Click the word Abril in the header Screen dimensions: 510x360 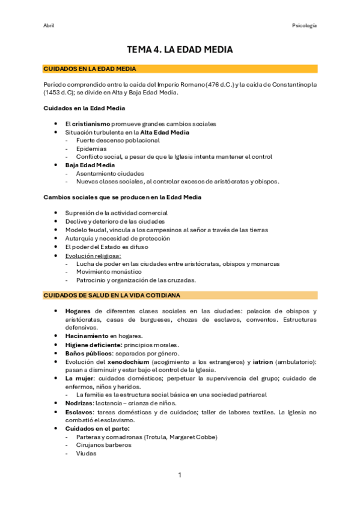(49, 25)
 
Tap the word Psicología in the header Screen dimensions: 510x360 (304, 25)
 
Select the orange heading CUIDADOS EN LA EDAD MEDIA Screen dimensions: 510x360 (90, 69)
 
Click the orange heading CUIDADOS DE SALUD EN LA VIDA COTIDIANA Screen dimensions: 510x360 (112, 295)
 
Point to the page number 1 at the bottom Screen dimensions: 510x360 (179, 475)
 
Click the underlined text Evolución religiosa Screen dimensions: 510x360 (93, 255)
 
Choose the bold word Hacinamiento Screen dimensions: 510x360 (87, 336)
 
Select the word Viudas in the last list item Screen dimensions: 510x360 (86, 454)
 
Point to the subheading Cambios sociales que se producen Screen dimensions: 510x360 (123, 197)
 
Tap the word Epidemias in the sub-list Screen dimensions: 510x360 (91, 148)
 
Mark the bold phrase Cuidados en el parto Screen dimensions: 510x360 (97, 428)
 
